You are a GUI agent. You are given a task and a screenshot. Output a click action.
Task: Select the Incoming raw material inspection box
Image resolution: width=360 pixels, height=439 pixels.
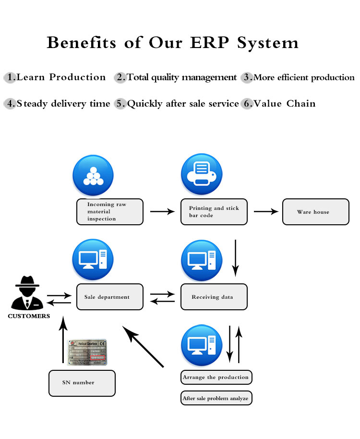110,212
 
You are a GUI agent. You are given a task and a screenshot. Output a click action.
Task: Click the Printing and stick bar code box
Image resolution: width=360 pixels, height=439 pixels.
214,212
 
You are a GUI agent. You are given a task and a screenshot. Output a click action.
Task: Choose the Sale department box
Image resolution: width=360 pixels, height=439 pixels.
110,297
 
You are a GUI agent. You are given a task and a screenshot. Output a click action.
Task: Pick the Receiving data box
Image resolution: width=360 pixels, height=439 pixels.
214,297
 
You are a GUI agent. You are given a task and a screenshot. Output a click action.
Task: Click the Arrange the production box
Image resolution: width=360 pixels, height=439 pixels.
216,377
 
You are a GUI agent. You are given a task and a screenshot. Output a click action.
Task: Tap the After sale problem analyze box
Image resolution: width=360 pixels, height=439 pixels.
216,398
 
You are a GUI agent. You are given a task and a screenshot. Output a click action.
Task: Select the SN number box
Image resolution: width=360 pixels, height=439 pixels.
82,383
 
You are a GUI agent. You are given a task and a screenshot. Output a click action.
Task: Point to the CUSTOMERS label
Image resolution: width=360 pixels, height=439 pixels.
29,316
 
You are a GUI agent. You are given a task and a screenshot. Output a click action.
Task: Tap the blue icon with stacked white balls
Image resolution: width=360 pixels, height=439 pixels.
93,176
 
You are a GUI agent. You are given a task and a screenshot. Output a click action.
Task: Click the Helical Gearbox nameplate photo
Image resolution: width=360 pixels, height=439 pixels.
87,352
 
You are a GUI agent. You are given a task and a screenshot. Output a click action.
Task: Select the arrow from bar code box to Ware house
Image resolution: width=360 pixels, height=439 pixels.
266,211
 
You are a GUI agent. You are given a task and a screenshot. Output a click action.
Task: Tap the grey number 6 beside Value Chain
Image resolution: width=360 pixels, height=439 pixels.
247,104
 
